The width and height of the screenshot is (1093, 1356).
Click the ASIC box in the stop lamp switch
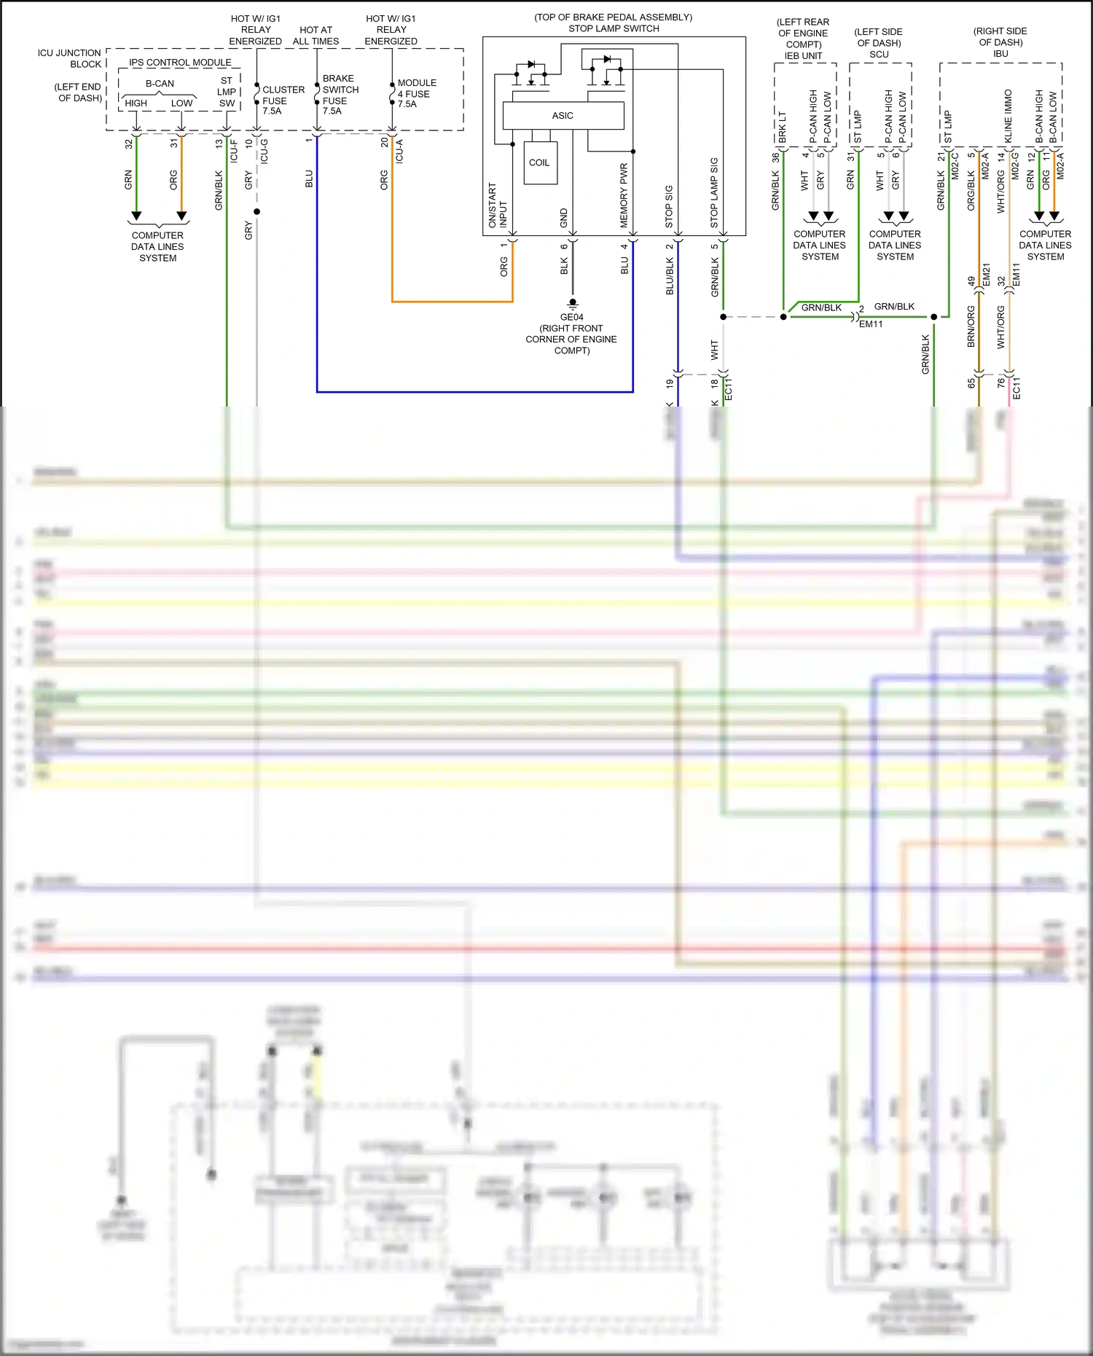point(563,115)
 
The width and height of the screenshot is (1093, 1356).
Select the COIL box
point(539,162)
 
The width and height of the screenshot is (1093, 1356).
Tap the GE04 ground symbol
point(573,302)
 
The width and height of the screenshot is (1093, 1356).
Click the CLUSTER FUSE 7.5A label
point(283,101)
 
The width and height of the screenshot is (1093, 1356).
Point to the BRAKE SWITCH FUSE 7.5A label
point(340,95)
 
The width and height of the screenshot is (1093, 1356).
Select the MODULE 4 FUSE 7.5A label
point(417,93)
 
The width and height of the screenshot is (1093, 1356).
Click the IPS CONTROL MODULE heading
point(180,63)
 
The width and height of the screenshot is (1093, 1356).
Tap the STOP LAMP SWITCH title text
point(614,28)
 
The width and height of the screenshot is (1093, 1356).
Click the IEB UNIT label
point(803,55)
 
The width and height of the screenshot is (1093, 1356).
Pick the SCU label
point(879,55)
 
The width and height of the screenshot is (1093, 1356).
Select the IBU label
point(1000,54)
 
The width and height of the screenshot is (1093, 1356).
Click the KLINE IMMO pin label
point(1008,116)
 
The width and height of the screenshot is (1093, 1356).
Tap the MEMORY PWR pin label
point(624,195)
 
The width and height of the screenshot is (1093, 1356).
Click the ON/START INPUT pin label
point(497,205)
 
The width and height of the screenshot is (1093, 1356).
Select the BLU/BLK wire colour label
point(670,276)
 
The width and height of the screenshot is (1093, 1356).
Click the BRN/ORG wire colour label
point(971,326)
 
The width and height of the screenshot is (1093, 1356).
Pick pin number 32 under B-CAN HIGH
point(129,144)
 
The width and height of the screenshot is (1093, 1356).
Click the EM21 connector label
point(986,275)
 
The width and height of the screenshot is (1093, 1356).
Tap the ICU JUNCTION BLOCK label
point(70,58)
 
